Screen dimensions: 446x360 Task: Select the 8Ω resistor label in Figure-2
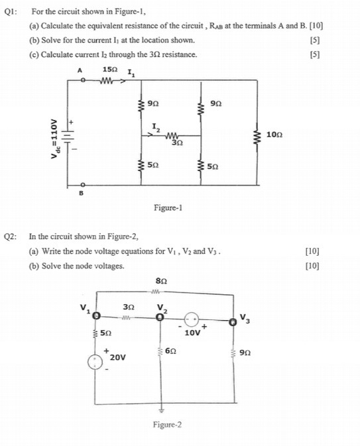(157, 281)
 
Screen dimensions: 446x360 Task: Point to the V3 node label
(245, 316)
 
